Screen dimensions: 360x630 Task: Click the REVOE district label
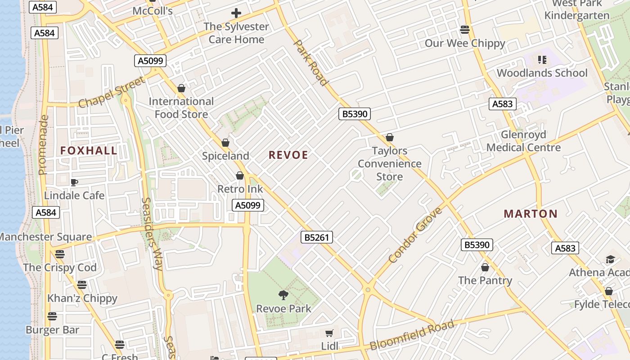(x=288, y=155)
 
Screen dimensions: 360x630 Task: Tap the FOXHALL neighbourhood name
(x=89, y=151)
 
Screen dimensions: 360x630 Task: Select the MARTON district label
(x=531, y=214)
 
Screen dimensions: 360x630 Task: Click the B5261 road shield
(x=317, y=237)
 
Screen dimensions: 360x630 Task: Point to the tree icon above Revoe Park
(x=283, y=295)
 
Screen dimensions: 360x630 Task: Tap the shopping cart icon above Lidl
(x=329, y=333)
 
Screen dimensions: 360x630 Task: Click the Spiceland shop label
(x=225, y=156)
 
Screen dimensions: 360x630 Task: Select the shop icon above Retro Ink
(x=240, y=175)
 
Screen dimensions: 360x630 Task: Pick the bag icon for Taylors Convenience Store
(x=390, y=137)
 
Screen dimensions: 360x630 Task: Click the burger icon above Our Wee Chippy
(x=465, y=30)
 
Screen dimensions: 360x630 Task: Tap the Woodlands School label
(x=542, y=73)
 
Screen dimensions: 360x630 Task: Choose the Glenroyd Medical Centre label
(x=523, y=141)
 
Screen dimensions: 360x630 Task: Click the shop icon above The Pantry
(x=485, y=267)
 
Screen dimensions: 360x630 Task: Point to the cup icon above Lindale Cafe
(x=74, y=182)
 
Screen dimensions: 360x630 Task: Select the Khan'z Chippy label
(x=82, y=298)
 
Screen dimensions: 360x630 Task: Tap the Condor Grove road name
(x=415, y=235)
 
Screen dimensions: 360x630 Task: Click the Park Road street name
(x=310, y=63)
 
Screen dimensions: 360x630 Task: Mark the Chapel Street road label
(x=112, y=92)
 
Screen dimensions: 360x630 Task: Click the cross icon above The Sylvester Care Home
(x=236, y=13)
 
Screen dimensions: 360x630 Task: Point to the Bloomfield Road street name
(x=412, y=335)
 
